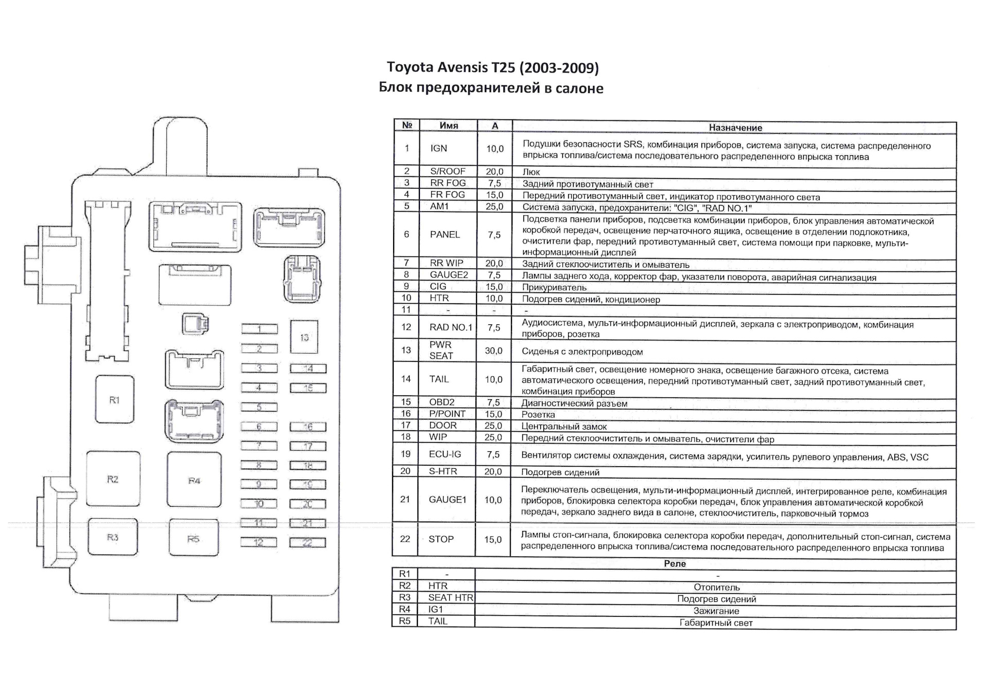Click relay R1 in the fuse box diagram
[114, 399]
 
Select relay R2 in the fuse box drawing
[113, 479]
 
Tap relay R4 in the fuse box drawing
[194, 481]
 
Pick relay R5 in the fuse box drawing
[193, 539]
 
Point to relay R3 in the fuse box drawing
[113, 537]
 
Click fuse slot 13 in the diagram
[304, 337]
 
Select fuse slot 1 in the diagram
[259, 329]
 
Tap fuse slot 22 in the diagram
[307, 543]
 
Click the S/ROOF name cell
[448, 171]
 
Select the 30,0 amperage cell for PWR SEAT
[493, 351]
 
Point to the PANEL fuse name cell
[445, 234]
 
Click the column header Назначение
[735, 127]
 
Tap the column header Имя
[449, 125]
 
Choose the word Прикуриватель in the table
[554, 287]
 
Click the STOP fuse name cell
[441, 539]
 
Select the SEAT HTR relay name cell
[450, 597]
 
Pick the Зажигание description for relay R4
[716, 611]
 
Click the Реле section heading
[675, 563]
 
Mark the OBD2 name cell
[442, 402]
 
